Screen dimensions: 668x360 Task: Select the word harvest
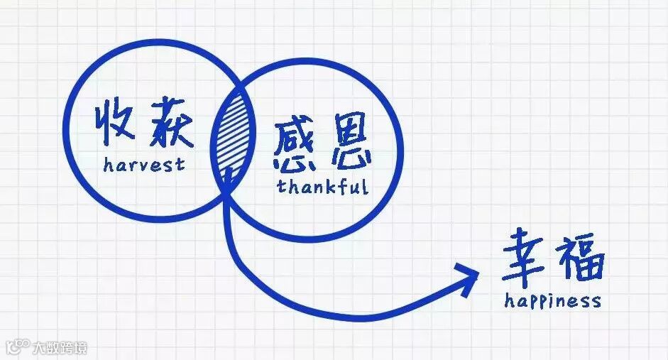coord(143,165)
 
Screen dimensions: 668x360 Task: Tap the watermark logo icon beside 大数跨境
coord(16,347)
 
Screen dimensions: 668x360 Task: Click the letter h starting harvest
coord(107,165)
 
